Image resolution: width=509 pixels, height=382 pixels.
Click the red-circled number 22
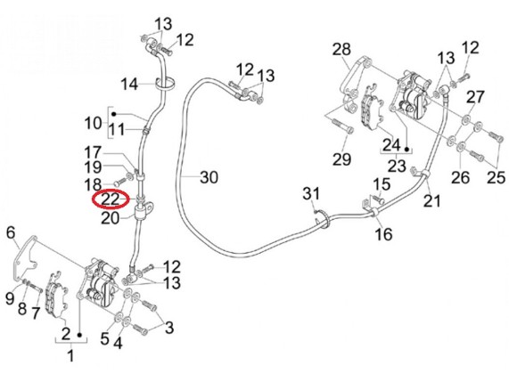tap(111, 199)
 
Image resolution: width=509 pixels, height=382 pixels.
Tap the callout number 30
tap(209, 177)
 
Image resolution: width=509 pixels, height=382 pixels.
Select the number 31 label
tap(311, 193)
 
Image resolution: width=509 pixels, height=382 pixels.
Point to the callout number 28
tap(341, 49)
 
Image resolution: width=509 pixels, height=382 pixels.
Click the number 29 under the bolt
tap(341, 158)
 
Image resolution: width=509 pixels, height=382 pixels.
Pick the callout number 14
tap(129, 85)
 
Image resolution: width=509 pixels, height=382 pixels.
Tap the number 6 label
tap(11, 232)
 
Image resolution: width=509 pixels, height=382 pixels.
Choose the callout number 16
tap(383, 233)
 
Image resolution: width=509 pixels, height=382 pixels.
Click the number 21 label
tap(432, 200)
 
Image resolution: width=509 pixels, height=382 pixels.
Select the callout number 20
tap(111, 218)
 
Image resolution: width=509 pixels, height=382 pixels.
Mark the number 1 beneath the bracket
tap(70, 355)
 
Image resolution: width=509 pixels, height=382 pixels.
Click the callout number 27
tap(475, 97)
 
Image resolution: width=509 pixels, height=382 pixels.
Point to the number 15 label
tap(382, 184)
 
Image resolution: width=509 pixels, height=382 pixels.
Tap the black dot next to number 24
tap(406, 149)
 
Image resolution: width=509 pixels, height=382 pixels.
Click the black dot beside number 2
tap(79, 334)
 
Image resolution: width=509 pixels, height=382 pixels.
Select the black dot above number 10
tap(114, 114)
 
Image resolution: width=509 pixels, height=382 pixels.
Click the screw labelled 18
tap(121, 180)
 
